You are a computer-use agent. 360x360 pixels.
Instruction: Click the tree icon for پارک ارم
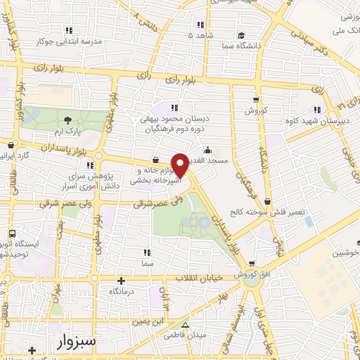tap(67, 120)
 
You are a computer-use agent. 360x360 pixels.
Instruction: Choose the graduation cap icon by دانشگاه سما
tap(241, 35)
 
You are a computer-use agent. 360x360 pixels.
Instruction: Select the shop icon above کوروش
tap(255, 99)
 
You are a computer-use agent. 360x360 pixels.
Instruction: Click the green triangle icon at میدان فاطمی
tap(186, 326)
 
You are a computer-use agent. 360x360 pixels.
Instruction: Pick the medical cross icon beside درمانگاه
tap(122, 280)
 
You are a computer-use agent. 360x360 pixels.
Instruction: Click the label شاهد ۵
tap(200, 34)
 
